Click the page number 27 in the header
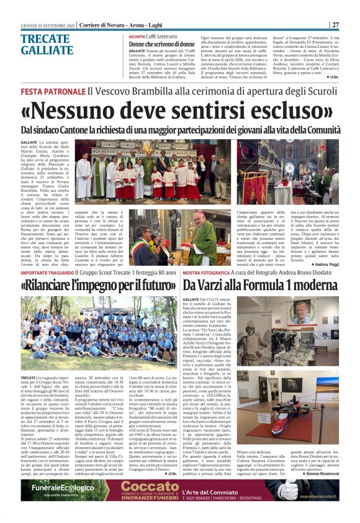click(335, 24)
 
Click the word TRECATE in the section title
click(46, 39)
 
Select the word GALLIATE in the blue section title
click(48, 50)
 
